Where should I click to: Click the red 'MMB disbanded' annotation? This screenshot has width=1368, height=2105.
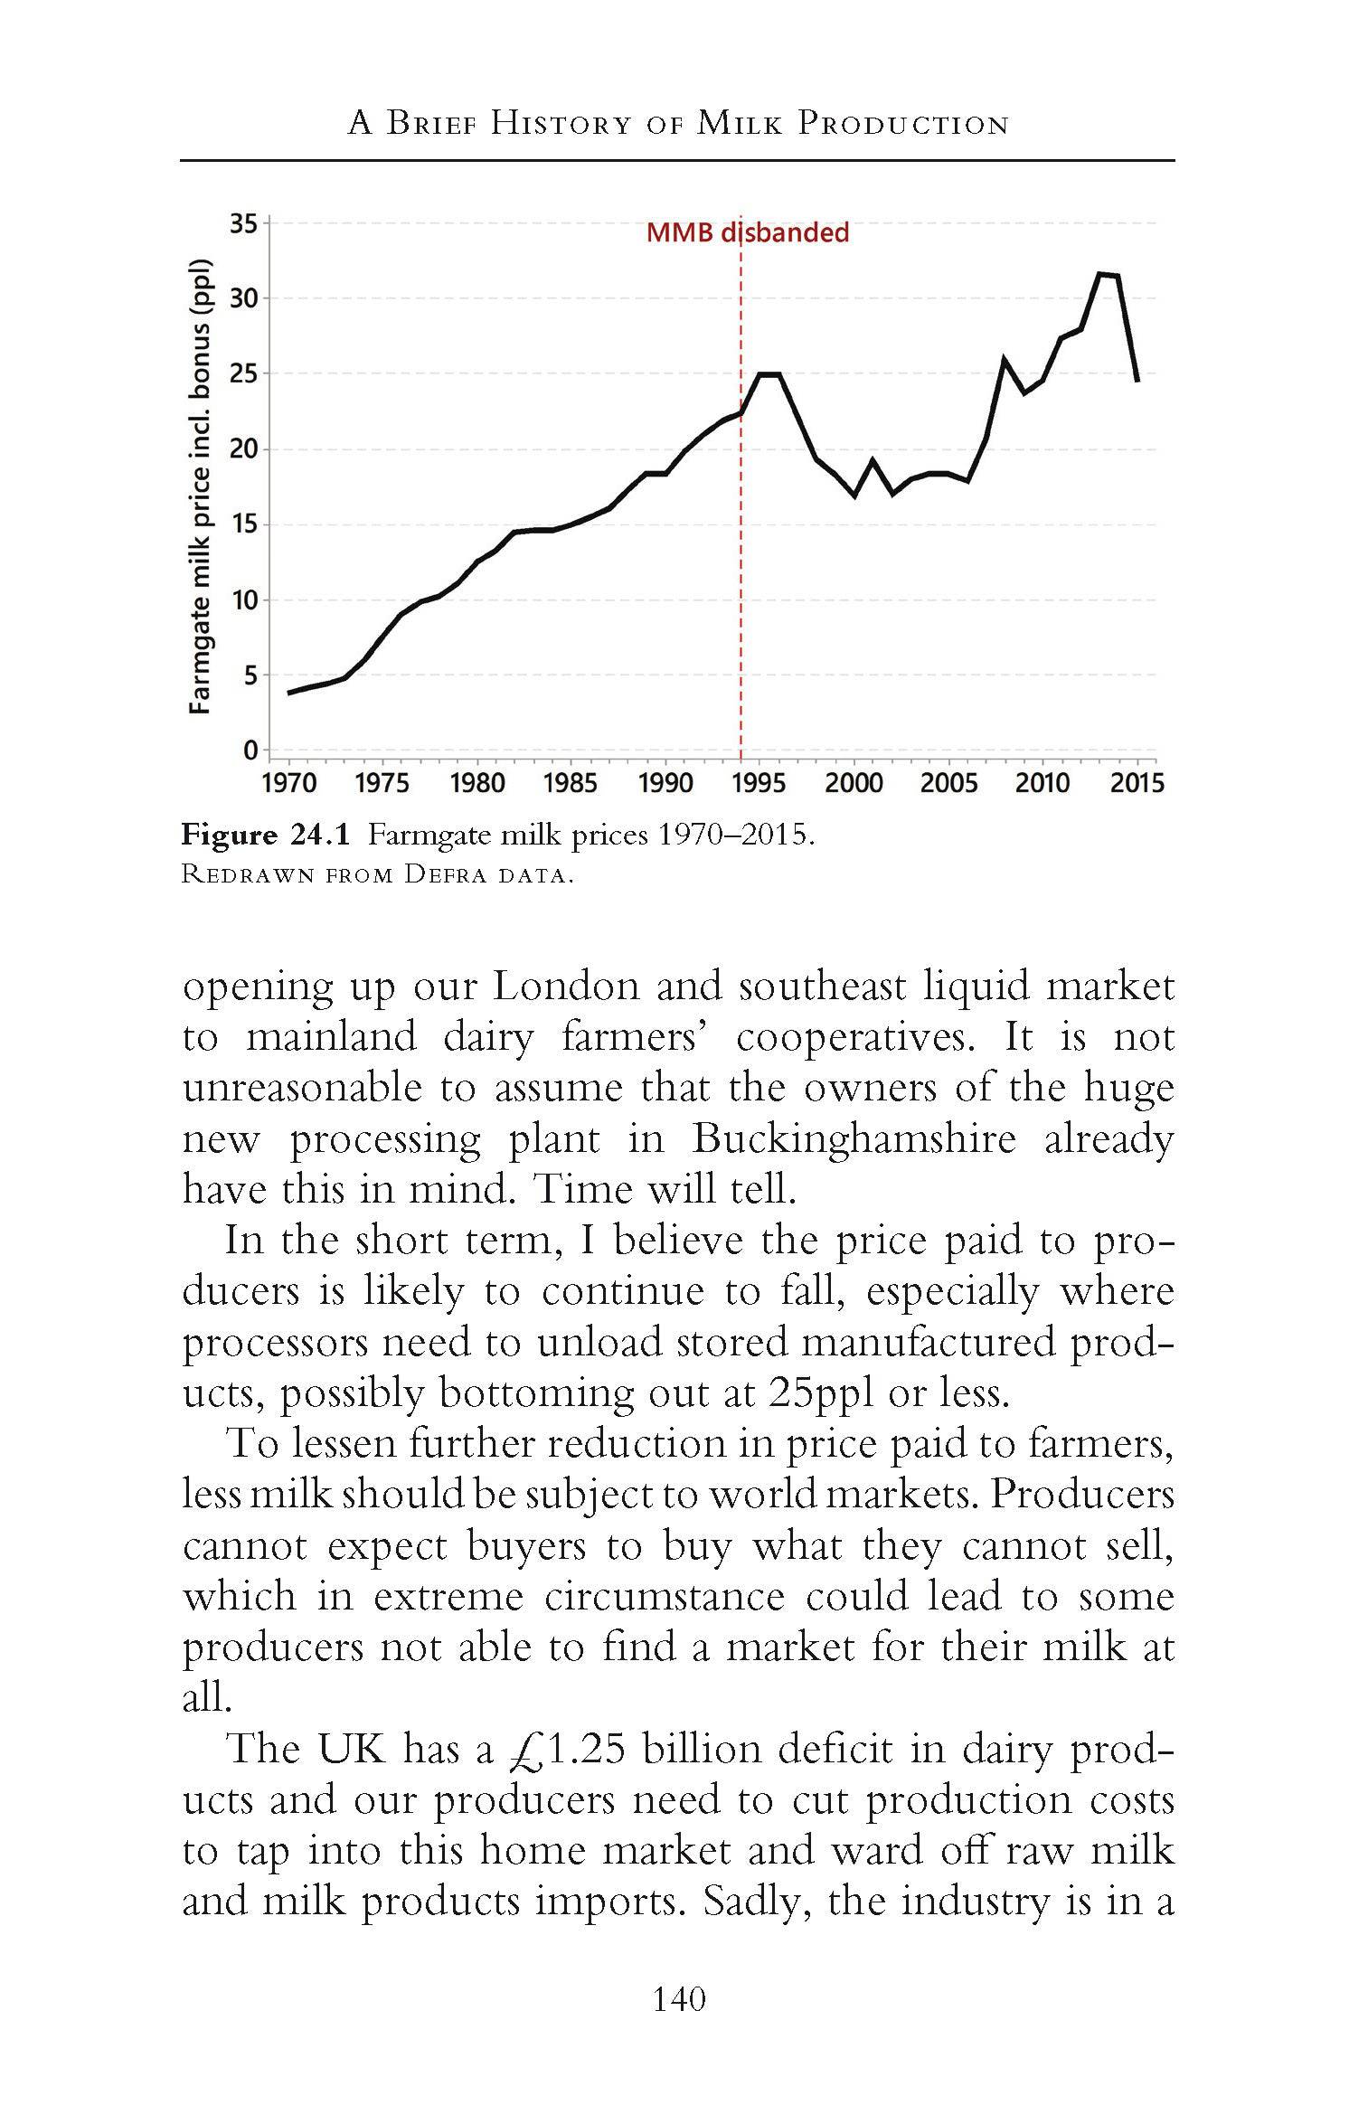pyautogui.click(x=747, y=232)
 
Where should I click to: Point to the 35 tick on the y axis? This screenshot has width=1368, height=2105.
pyautogui.click(x=243, y=222)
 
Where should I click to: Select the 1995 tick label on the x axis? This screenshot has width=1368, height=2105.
pyautogui.click(x=759, y=782)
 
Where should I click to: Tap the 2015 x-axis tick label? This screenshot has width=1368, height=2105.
pyautogui.click(x=1137, y=782)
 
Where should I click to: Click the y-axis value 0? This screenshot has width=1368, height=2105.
pyautogui.click(x=250, y=750)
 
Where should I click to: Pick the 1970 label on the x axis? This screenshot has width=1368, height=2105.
pyautogui.click(x=289, y=782)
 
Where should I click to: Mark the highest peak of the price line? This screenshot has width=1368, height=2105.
pyautogui.click(x=1100, y=273)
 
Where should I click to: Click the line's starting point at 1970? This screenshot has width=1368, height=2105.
pyautogui.click(x=289, y=693)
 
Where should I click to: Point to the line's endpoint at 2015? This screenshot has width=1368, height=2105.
pyautogui.click(x=1137, y=381)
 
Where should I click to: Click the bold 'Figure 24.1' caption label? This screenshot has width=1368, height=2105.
pyautogui.click(x=265, y=834)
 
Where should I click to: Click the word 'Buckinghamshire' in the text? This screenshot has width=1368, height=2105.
pyautogui.click(x=854, y=1138)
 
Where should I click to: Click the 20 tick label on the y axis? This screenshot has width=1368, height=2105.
pyautogui.click(x=243, y=448)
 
